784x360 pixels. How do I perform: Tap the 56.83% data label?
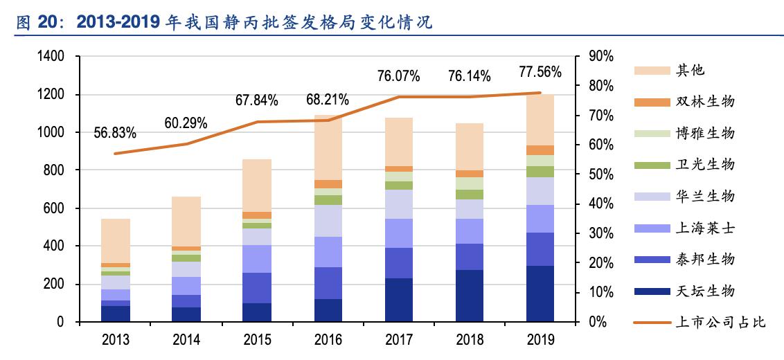coord(115,132)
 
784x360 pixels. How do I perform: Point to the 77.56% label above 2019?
coord(540,71)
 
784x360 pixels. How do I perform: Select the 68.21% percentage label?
coord(328,100)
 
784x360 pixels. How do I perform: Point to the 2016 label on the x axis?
coord(328,340)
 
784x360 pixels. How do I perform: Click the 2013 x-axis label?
coord(116,340)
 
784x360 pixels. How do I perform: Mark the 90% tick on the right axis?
coord(600,57)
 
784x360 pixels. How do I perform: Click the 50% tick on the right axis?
coord(600,174)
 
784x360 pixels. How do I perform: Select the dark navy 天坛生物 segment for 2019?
coord(540,294)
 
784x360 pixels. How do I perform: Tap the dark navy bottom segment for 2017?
coord(398,300)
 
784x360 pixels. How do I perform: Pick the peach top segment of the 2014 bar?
coord(186,222)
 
